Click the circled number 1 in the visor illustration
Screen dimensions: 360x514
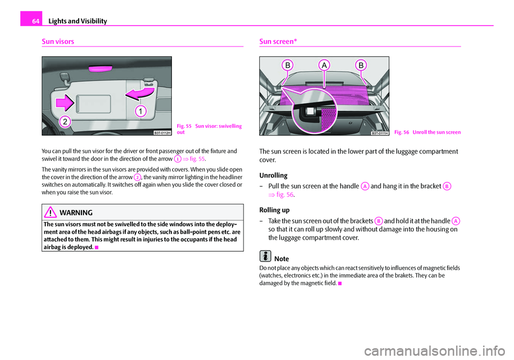tap(141, 111)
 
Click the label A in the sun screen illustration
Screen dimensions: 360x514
tap(324, 65)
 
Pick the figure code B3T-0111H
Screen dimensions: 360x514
tap(379, 132)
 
